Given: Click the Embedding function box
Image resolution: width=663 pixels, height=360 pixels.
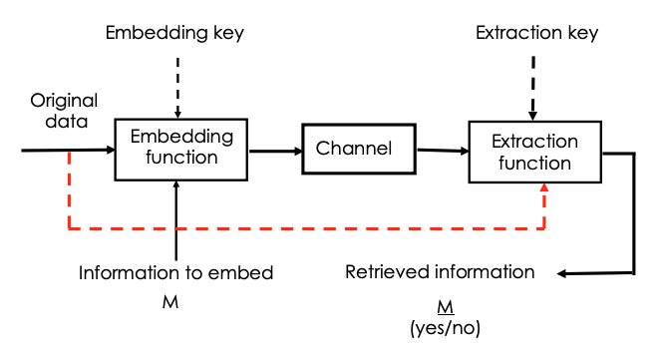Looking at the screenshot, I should click(181, 149).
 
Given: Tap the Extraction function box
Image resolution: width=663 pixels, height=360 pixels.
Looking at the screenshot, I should click(535, 152).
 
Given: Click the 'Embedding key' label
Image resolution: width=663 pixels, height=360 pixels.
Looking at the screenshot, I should click(174, 34).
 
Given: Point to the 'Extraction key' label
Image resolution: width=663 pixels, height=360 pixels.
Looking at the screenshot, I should click(536, 34).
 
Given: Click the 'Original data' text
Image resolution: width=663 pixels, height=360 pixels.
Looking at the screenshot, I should click(61, 110).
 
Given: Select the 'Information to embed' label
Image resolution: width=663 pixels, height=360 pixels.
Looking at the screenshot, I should click(175, 273).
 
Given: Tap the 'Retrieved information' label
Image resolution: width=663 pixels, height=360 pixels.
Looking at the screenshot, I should click(440, 272).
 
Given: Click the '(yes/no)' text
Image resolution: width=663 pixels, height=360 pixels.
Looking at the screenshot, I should click(440, 326).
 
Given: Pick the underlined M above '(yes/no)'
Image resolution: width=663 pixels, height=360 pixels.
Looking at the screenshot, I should click(440, 305).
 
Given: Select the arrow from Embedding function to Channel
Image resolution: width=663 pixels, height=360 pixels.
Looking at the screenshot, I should click(275, 152).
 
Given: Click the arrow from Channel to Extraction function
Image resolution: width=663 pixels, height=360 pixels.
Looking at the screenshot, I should click(443, 151).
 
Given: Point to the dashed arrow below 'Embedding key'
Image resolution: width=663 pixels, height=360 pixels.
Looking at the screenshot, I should click(175, 85).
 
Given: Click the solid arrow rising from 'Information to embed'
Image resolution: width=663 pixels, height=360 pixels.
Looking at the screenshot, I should click(175, 221).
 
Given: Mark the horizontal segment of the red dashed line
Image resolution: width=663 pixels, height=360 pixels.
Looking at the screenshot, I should click(299, 228).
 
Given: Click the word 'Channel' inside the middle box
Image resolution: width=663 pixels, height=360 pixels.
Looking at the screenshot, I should click(354, 150).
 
